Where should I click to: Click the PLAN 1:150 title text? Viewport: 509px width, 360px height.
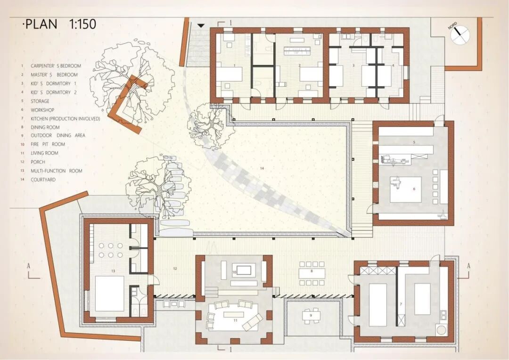pos(60,25)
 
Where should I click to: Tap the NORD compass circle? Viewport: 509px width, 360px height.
pos(460,35)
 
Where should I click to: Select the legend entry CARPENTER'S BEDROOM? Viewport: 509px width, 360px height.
pos(56,66)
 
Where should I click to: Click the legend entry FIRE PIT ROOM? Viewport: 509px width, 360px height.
pos(48,144)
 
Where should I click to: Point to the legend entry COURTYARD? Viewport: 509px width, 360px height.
pos(43,180)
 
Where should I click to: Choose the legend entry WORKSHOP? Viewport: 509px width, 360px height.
pos(42,110)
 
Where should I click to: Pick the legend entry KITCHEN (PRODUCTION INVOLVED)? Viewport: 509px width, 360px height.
pos(65,119)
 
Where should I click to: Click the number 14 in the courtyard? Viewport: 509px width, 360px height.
pos(262,168)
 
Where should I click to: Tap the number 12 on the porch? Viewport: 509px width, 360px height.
pos(175,269)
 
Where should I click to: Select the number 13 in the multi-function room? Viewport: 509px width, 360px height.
pos(113,271)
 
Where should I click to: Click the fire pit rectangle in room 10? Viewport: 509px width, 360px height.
pos(244,270)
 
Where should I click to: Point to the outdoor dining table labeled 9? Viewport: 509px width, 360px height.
pos(312,315)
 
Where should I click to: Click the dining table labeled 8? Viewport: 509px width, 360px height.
pos(312,273)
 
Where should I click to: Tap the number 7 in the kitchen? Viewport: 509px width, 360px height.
pos(401,304)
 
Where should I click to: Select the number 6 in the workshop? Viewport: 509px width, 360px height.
pos(414,188)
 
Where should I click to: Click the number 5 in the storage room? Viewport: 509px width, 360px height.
pos(414,142)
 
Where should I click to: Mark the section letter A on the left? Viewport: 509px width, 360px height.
pos(29,266)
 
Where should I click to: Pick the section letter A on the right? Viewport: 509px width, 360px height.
pos(468,266)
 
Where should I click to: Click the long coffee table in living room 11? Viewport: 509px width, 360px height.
pos(234,315)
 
